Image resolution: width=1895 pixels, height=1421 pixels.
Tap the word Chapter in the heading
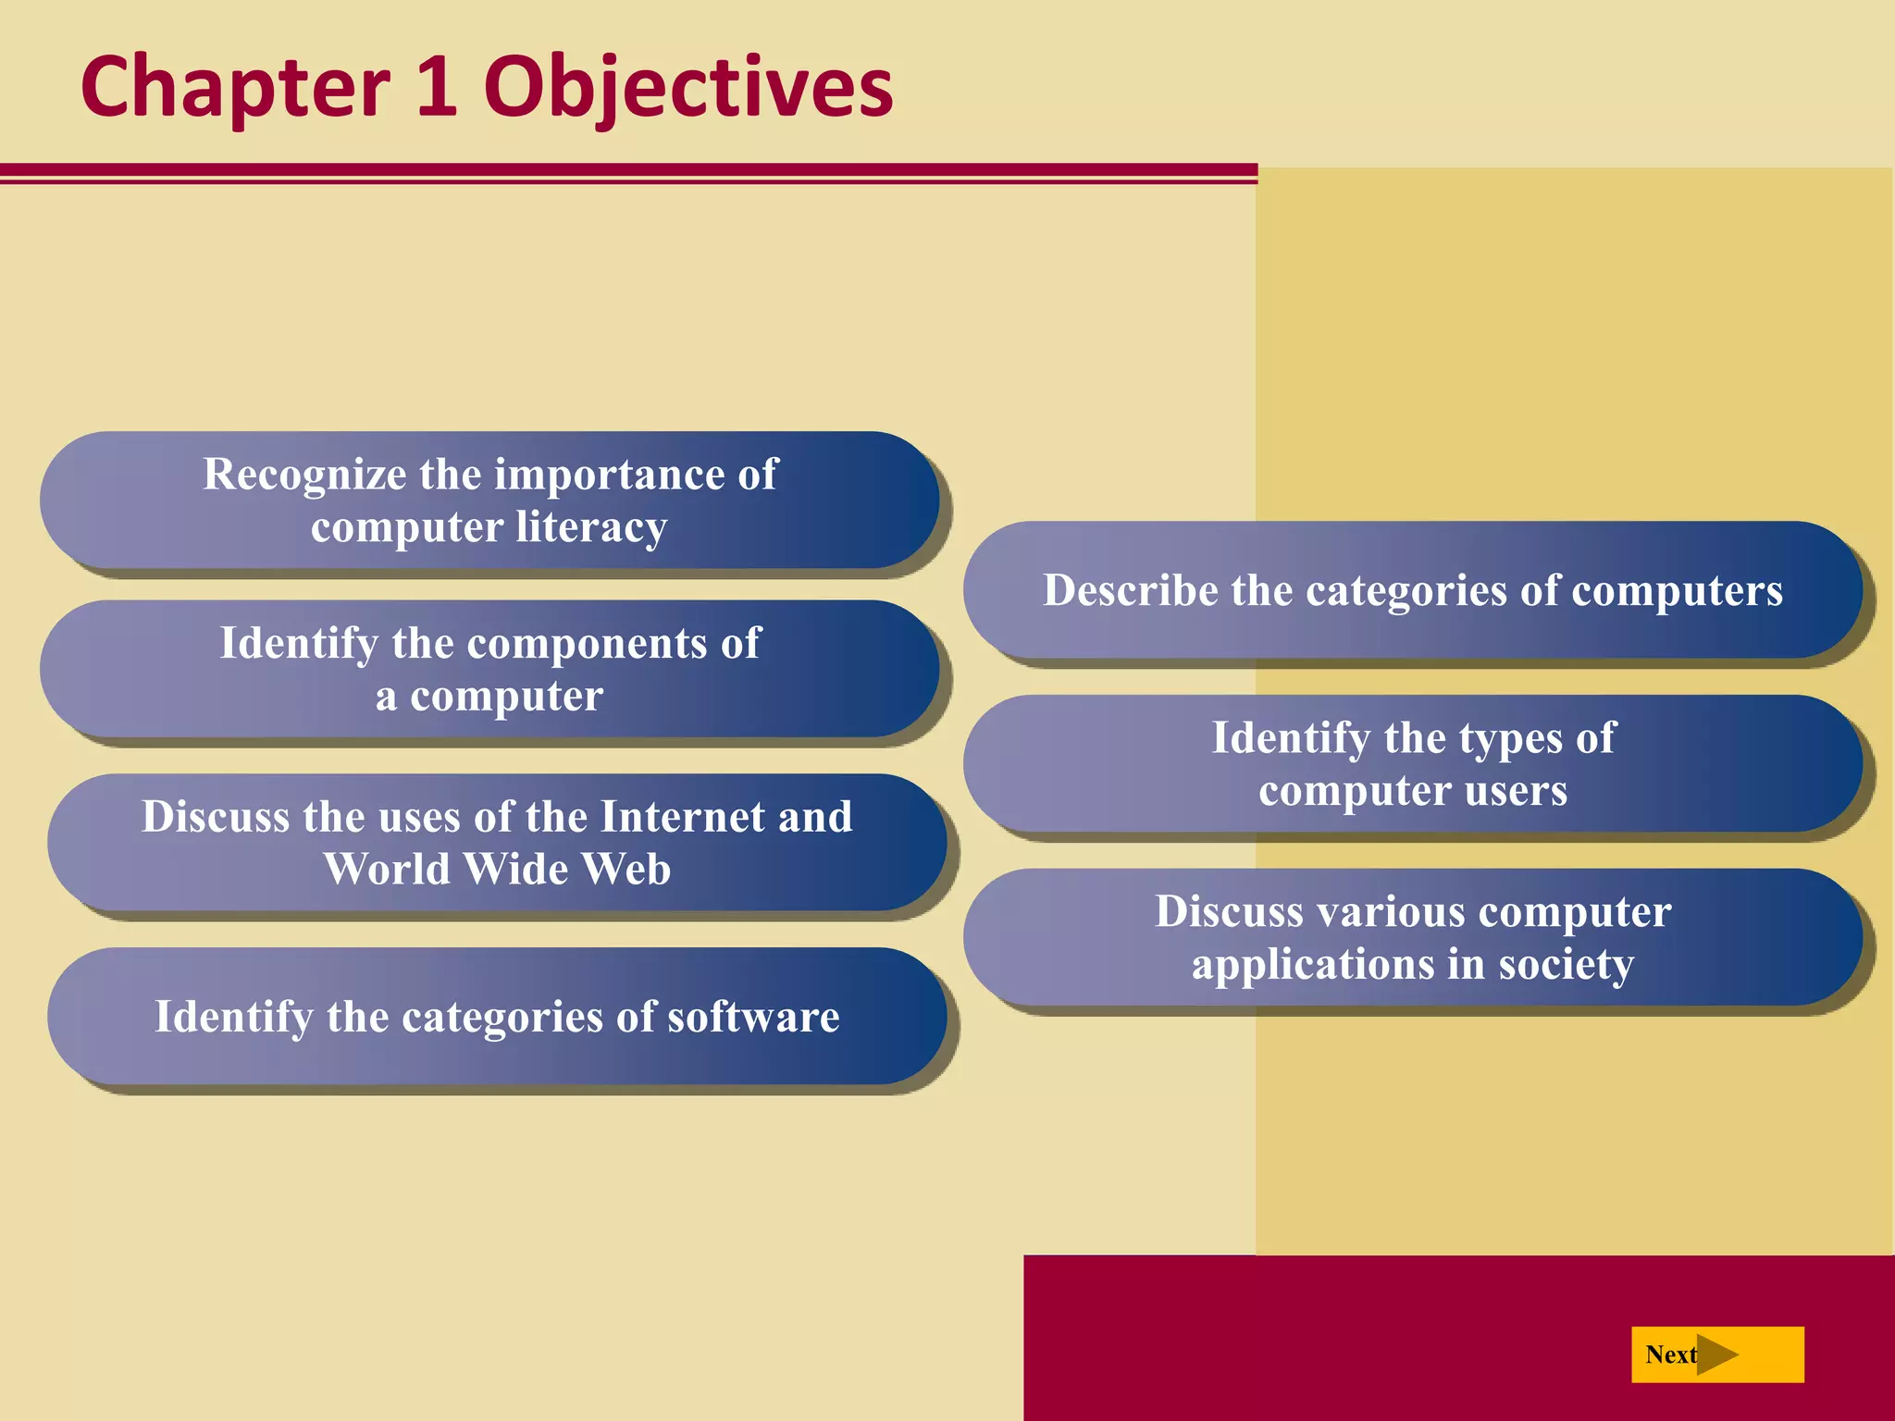point(235,88)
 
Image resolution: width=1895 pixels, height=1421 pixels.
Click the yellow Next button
point(1716,1354)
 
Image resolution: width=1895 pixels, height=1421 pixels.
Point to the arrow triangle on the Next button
point(1716,1354)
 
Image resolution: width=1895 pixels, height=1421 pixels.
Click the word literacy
point(591,527)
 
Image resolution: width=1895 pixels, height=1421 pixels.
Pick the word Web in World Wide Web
point(626,870)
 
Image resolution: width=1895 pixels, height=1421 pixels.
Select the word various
point(1390,912)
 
